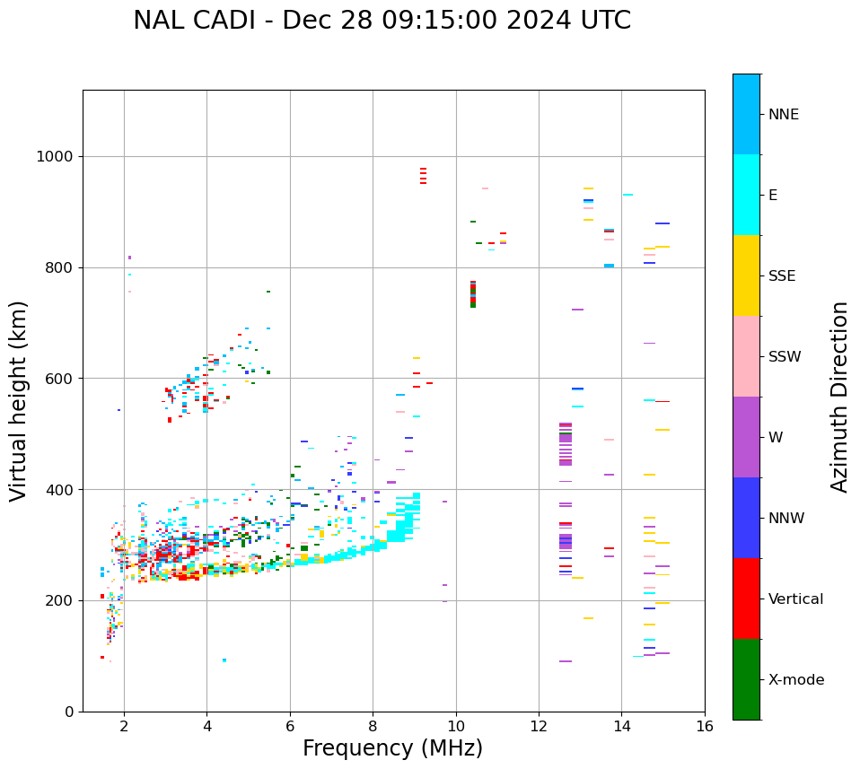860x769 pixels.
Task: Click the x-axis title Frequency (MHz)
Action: tap(392, 748)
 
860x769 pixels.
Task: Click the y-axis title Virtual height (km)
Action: tap(19, 400)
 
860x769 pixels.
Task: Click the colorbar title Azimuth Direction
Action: tap(839, 397)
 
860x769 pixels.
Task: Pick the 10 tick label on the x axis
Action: tap(456, 725)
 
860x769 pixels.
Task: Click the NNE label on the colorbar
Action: tap(783, 115)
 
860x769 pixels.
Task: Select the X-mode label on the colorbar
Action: tap(795, 680)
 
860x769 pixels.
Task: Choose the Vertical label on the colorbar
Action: tap(795, 599)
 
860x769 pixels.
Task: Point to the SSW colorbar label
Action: tap(785, 357)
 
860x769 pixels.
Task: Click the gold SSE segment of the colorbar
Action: tap(746, 275)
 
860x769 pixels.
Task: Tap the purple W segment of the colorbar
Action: tap(746, 437)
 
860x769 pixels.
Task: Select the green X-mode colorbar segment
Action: tap(746, 679)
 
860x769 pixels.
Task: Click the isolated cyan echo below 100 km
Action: tap(224, 660)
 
